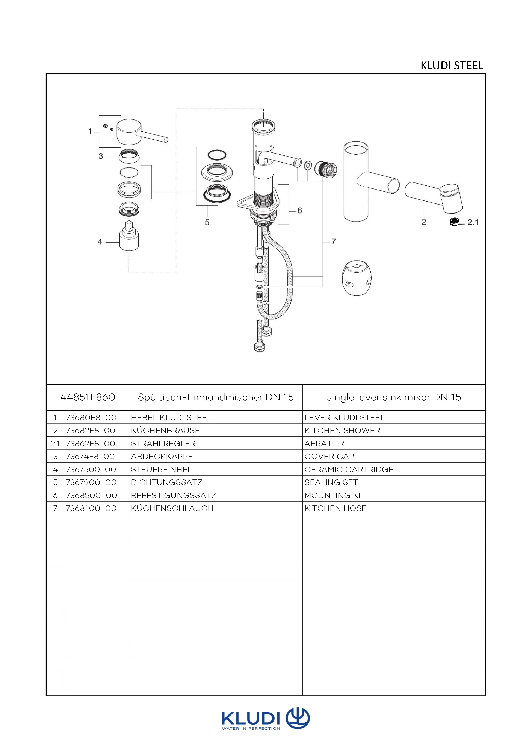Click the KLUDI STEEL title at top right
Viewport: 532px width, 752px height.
click(x=452, y=66)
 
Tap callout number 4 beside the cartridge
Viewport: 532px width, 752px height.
click(x=100, y=242)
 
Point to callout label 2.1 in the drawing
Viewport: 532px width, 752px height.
click(x=473, y=222)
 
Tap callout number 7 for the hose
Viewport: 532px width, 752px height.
click(x=334, y=241)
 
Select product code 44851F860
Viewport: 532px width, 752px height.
click(x=88, y=397)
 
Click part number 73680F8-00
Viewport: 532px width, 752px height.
click(x=91, y=417)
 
